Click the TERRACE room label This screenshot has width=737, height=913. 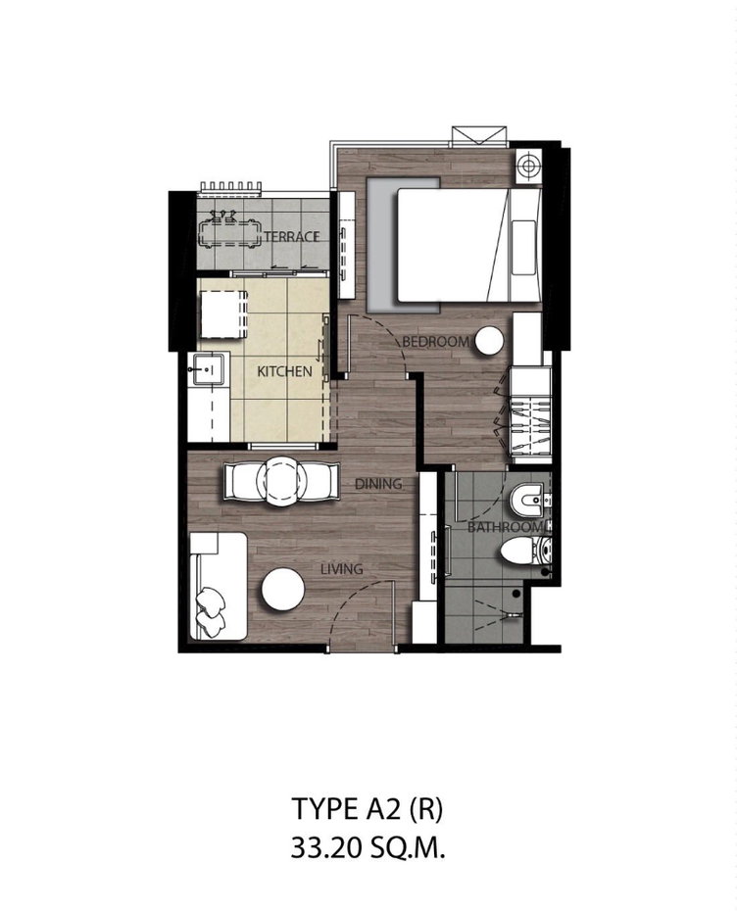coord(291,236)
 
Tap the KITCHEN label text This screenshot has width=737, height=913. coord(284,371)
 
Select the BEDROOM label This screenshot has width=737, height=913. coord(435,342)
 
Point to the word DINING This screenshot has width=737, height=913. coord(378,483)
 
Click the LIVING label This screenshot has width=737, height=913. coord(342,569)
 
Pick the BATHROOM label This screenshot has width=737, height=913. coord(505,528)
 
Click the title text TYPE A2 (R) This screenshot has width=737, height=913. coord(368,809)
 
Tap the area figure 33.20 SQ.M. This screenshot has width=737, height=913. coord(368,849)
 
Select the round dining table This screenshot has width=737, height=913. coord(281,481)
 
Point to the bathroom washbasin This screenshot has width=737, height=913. coord(528,500)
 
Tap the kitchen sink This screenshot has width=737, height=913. coord(206,368)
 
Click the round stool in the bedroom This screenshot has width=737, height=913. coord(488,341)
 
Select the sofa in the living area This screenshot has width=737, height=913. coord(218,587)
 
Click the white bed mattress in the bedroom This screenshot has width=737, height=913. coord(454,245)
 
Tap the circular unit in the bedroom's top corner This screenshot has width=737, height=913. coord(528,166)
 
